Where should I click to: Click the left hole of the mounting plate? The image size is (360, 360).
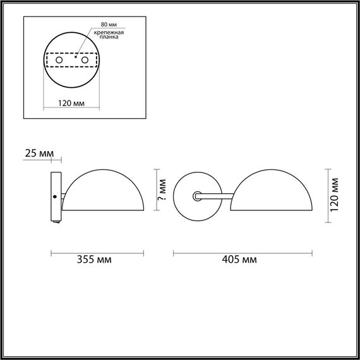click(59, 60)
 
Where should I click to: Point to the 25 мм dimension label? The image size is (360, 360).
click(38, 153)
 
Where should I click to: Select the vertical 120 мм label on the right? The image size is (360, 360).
click(335, 193)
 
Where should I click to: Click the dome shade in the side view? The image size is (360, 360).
click(106, 193)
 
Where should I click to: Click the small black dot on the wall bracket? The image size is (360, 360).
click(55, 196)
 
